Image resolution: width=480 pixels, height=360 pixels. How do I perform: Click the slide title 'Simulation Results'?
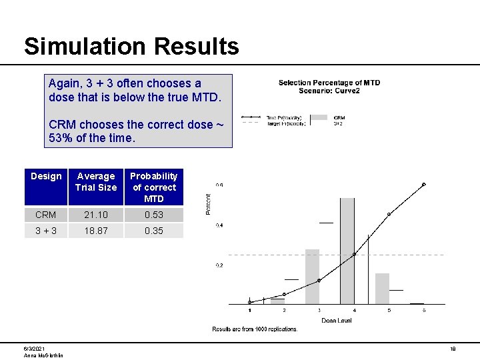point(131,46)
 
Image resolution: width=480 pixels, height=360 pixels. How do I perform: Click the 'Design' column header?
point(46,176)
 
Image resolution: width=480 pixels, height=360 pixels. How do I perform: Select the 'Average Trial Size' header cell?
point(96,181)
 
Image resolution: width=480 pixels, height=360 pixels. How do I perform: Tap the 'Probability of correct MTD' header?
point(153,187)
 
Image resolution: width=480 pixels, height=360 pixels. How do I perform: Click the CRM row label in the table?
point(46,215)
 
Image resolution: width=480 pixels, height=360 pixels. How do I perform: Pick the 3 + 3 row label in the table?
point(46,231)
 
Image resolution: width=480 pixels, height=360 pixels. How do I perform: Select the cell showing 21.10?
point(96,215)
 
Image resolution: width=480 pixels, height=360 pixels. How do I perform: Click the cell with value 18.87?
point(96,231)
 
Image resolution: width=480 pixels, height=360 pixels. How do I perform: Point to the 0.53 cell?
point(153,215)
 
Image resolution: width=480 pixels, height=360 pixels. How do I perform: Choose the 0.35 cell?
point(153,231)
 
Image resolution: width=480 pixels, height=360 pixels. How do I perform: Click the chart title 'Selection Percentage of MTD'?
point(329,83)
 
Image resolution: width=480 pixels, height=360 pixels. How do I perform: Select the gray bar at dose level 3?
point(313,277)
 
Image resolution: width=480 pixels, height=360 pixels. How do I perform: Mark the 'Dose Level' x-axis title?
point(337,320)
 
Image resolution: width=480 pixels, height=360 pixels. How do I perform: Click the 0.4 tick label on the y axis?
point(219,225)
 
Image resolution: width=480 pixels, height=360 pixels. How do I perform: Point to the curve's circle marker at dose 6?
point(423,185)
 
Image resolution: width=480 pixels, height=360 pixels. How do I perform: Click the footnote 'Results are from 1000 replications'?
point(255,329)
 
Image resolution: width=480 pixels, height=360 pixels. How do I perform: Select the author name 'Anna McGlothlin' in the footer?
point(43,355)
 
